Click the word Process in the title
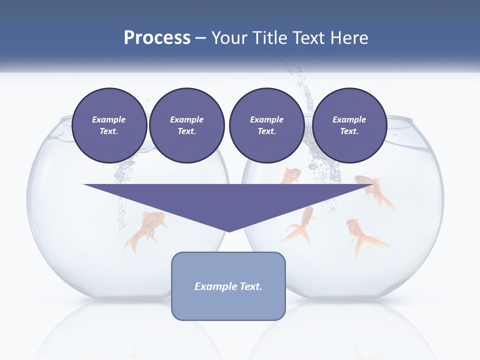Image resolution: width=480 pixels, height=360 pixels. tap(157, 38)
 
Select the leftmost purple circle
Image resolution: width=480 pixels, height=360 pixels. tap(109, 125)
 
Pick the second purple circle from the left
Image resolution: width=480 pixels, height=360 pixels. tap(186, 125)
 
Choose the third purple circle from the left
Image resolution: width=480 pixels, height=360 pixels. tap(266, 125)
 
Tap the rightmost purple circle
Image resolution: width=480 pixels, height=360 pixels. tap(349, 125)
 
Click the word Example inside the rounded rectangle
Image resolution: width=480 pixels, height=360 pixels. tap(214, 286)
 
